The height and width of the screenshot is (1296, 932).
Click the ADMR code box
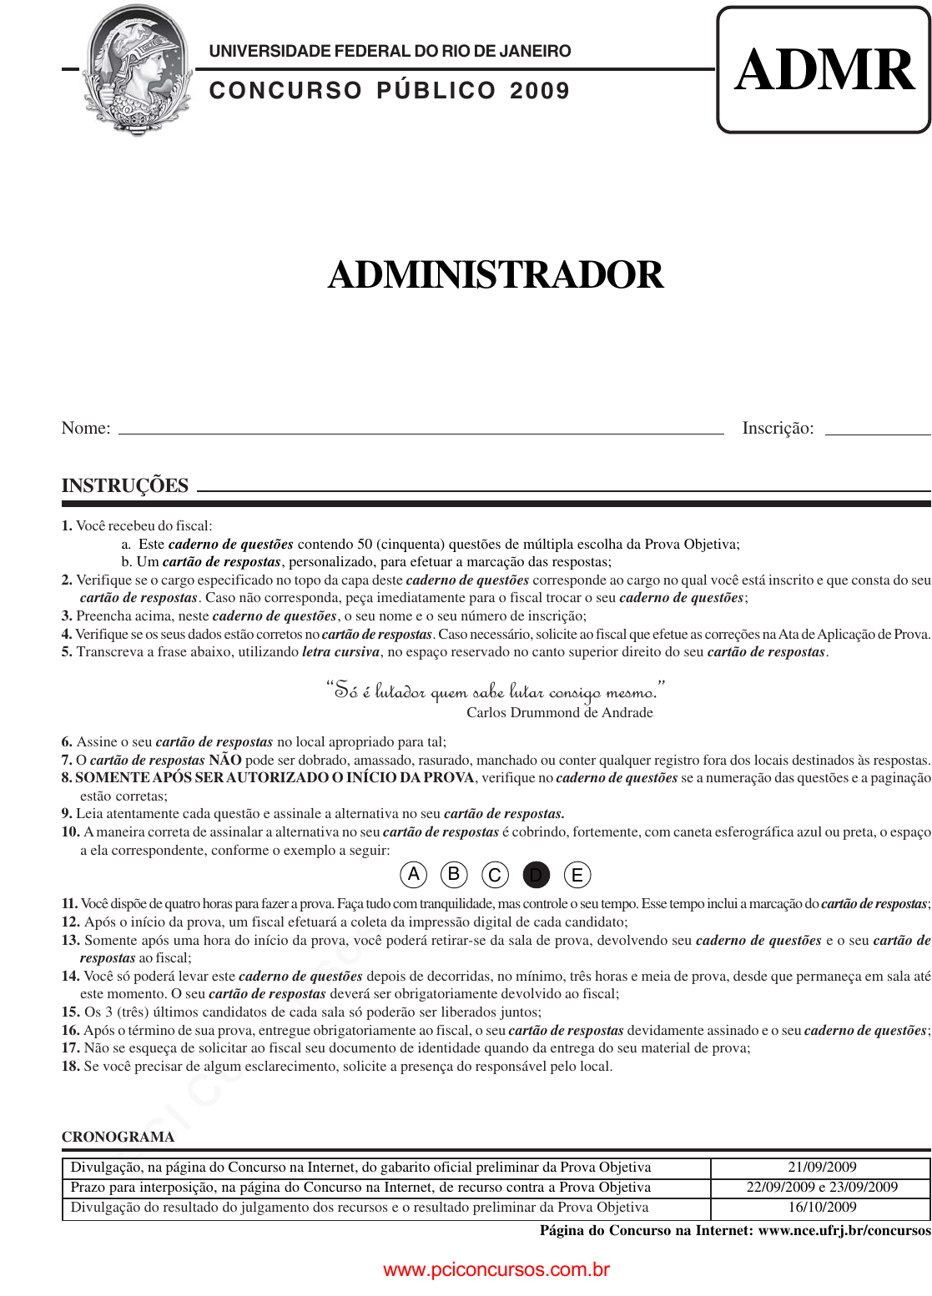pos(824,70)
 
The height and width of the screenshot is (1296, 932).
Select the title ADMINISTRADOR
pos(496,275)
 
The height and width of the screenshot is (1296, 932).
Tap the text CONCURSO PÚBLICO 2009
pos(389,91)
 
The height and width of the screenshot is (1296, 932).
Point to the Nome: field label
pos(86,428)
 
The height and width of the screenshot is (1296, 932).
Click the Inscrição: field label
pos(778,428)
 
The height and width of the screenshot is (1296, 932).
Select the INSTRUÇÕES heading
pos(125,485)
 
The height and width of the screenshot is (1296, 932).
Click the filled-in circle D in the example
pos(537,875)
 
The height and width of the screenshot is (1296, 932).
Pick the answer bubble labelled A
pos(413,875)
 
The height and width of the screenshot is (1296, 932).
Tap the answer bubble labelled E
pos(577,875)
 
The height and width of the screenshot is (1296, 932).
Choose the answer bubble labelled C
pos(495,875)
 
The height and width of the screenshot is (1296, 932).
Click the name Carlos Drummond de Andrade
pos(560,712)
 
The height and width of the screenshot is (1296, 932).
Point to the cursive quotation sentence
pos(495,691)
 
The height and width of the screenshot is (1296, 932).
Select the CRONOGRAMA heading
pos(118,1137)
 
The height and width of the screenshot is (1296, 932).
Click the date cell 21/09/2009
pos(822,1168)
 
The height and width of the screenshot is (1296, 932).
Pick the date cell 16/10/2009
pos(822,1207)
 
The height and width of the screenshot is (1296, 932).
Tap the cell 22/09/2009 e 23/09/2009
pos(822,1187)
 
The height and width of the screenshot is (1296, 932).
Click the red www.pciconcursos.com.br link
pos(496,1269)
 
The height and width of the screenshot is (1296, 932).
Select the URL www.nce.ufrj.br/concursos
pos(844,1230)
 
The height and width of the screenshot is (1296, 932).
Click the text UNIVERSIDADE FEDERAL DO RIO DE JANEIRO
pos(390,51)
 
